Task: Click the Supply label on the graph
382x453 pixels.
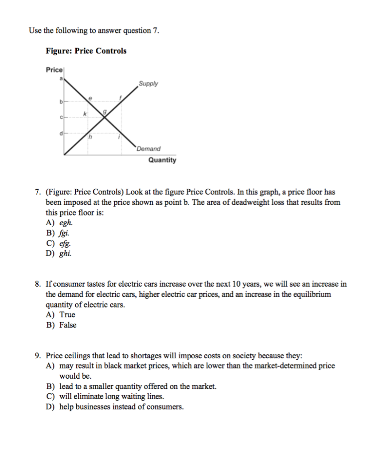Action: tap(148, 84)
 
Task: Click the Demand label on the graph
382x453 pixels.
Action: tap(148, 149)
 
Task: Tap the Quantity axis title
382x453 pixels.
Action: tap(162, 160)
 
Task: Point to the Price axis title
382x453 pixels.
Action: tap(55, 70)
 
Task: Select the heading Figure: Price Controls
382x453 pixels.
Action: tap(86, 51)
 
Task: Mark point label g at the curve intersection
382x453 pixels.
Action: tap(105, 112)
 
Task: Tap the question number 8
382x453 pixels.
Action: tap(39, 284)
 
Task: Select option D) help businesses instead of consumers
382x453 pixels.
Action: tap(115, 407)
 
